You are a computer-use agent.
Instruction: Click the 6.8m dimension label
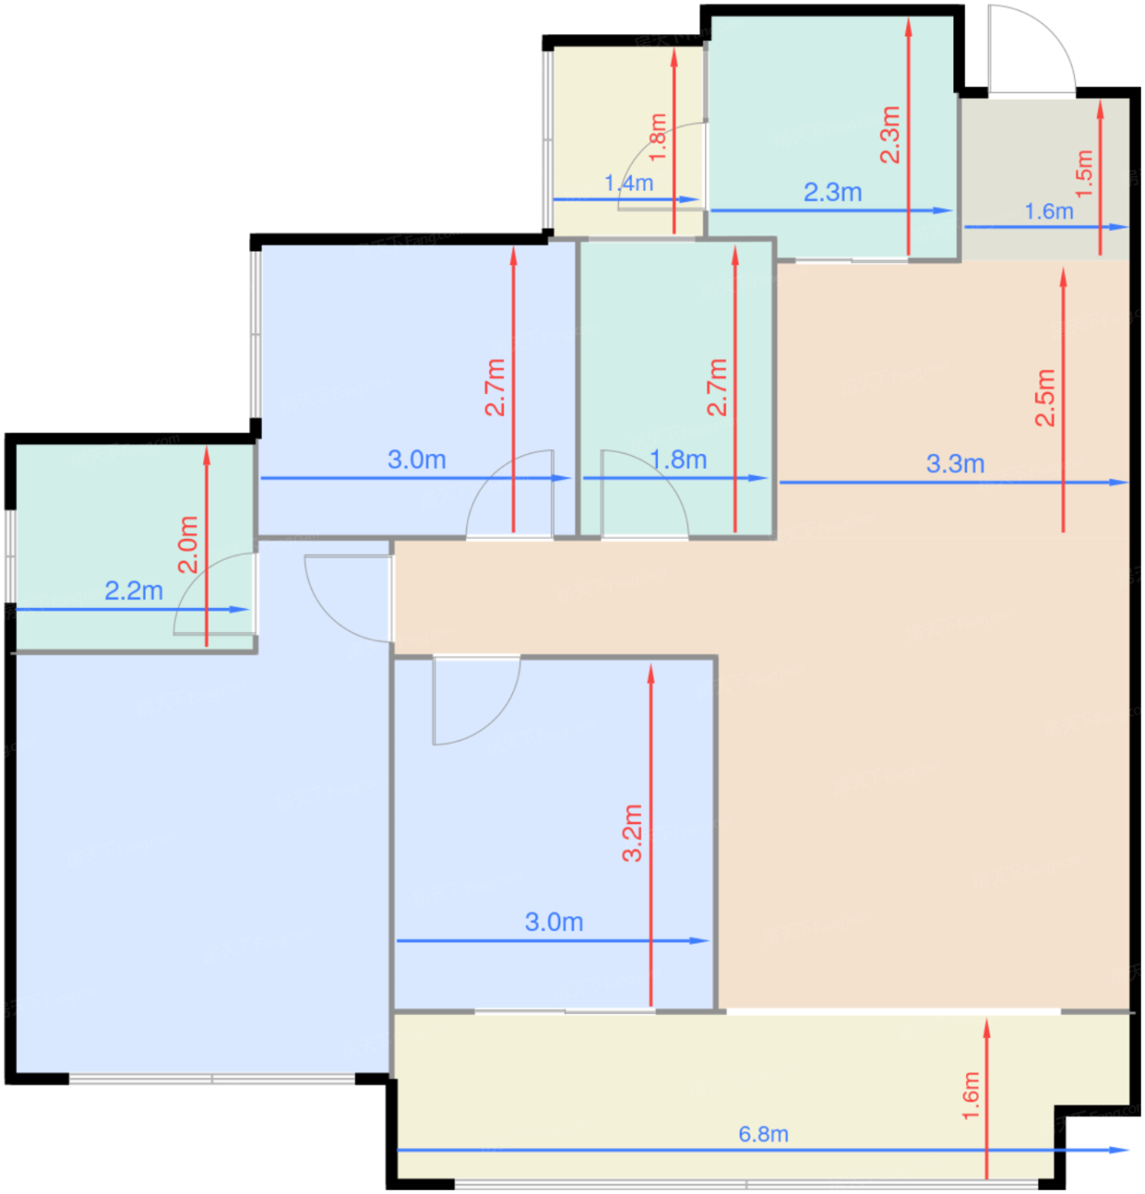pos(763,1133)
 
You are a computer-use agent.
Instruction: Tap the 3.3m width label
pos(955,464)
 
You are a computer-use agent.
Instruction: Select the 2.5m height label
pos(1044,397)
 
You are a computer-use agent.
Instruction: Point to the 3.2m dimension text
pos(633,832)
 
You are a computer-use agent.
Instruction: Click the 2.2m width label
pos(134,591)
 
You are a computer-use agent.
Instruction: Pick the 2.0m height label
pos(188,544)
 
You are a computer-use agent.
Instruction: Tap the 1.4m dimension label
pos(628,183)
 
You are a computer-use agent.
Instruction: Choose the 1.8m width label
pos(678,460)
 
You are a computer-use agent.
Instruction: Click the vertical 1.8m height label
pos(657,136)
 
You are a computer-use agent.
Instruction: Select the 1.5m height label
pos(1084,173)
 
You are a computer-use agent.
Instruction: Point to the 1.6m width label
pos(1049,212)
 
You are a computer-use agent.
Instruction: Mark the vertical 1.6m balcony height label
pos(971,1096)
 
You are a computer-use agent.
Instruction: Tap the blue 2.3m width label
pos(832,193)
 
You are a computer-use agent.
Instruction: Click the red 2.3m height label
pos(890,135)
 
